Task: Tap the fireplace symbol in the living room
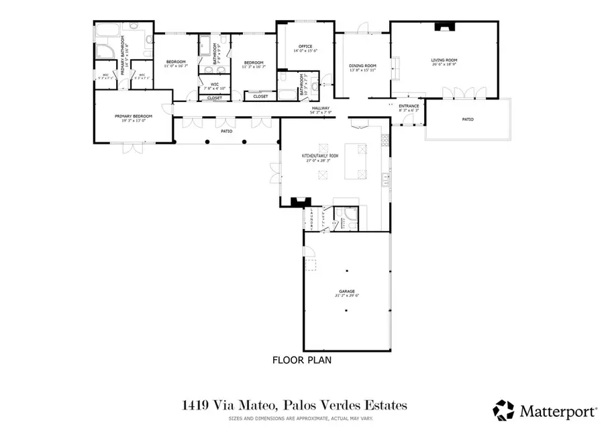click(x=444, y=28)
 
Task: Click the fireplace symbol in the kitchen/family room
click(x=301, y=200)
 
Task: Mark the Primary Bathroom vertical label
click(x=123, y=50)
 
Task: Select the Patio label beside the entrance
click(x=467, y=120)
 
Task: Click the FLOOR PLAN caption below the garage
click(x=301, y=360)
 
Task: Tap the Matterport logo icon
click(x=504, y=408)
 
